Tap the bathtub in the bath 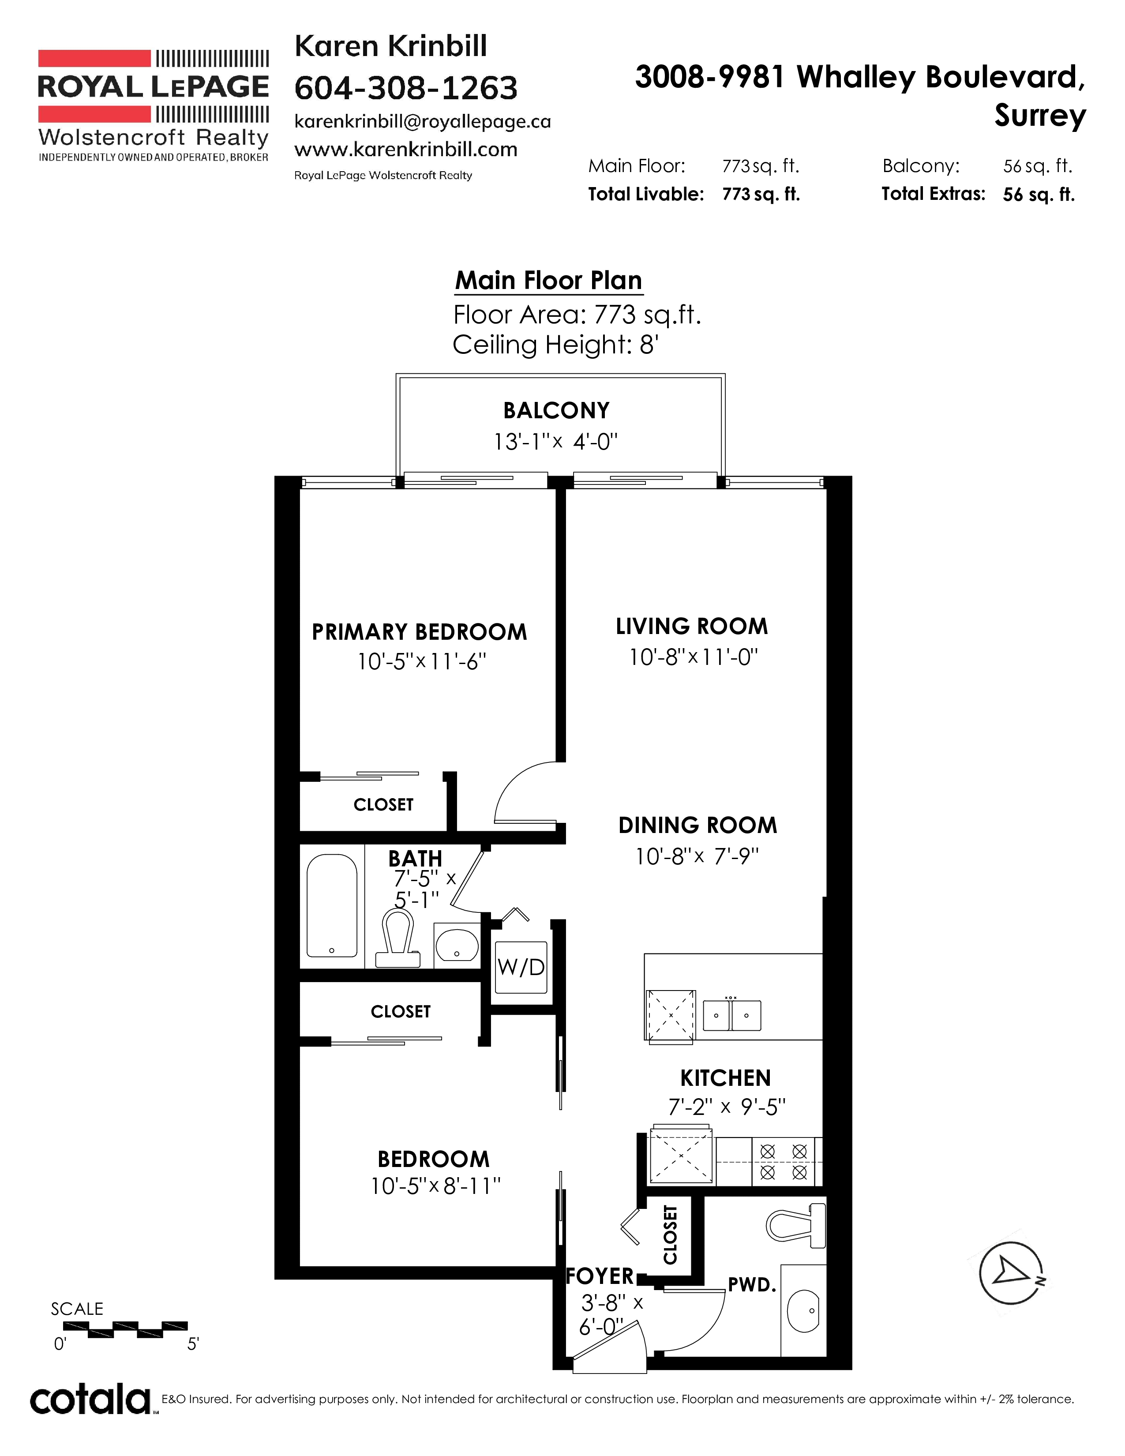(x=331, y=905)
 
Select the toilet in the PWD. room (x=796, y=1225)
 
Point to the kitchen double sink (x=732, y=1015)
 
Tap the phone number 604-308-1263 (x=406, y=88)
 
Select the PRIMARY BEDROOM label (x=419, y=632)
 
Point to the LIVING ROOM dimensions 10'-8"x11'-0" (x=694, y=657)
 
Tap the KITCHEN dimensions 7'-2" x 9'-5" (x=727, y=1107)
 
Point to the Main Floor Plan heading (x=548, y=281)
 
